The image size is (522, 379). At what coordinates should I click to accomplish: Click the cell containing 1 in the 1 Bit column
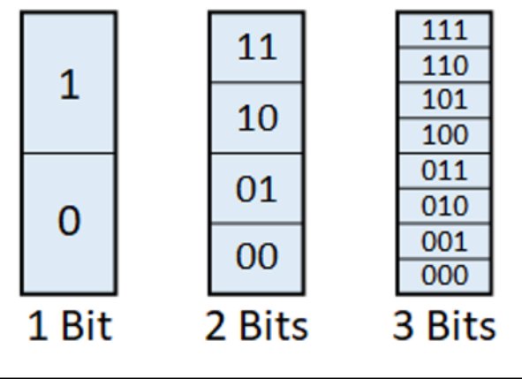(x=69, y=82)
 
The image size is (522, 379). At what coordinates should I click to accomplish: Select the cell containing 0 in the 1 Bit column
(x=69, y=224)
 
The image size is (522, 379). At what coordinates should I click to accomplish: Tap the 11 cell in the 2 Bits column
(x=257, y=47)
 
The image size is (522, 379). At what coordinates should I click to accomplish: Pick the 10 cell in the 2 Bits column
(x=257, y=117)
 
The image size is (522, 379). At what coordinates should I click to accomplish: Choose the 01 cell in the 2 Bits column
(x=257, y=188)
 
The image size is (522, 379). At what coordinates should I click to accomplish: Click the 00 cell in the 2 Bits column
(x=257, y=259)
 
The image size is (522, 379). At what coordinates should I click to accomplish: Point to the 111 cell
(x=444, y=30)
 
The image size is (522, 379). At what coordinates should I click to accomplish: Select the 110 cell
(x=444, y=64)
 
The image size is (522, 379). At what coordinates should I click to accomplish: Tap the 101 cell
(x=444, y=100)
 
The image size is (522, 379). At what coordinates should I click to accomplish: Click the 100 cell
(x=444, y=135)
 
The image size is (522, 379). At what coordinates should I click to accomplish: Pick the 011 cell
(x=444, y=171)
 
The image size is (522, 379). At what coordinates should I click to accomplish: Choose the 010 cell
(x=444, y=206)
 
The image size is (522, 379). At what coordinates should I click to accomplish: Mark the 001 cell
(x=444, y=241)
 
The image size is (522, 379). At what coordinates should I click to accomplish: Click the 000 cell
(x=444, y=277)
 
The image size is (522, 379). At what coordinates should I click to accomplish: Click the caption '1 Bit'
(x=70, y=326)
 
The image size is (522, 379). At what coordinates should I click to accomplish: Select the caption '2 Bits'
(x=256, y=326)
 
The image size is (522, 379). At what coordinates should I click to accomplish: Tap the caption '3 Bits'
(x=444, y=326)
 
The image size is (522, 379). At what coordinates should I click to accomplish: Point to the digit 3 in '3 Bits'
(x=403, y=326)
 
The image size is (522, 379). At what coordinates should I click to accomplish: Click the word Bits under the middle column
(x=274, y=326)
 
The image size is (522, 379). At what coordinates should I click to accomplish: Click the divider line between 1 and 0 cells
(x=69, y=153)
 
